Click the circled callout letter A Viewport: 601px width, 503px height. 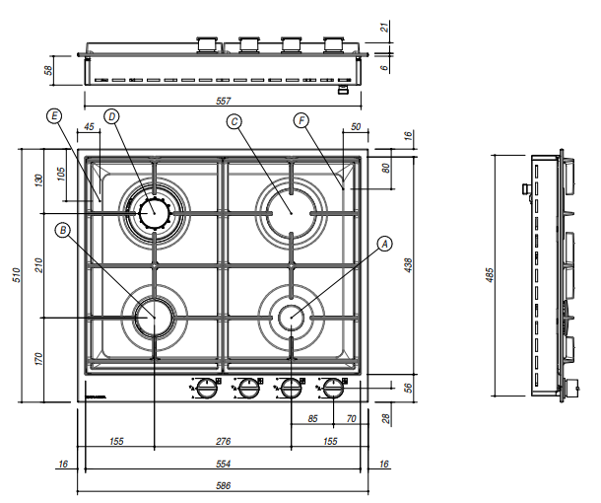pyautogui.click(x=385, y=242)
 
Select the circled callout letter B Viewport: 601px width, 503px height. pyautogui.click(x=64, y=230)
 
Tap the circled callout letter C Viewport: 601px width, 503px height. pyautogui.click(x=234, y=121)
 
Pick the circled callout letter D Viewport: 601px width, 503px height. pyautogui.click(x=112, y=116)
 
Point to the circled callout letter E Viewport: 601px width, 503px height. pyautogui.click(x=54, y=116)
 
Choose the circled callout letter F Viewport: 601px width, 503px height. pyautogui.click(x=301, y=120)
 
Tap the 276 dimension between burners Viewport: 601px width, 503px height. pyautogui.click(x=224, y=441)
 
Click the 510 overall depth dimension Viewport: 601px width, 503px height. pyautogui.click(x=16, y=274)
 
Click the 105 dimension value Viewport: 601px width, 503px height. pyautogui.click(x=61, y=175)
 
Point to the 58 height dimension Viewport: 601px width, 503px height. pyautogui.click(x=48, y=70)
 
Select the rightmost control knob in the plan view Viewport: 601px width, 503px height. pyautogui.click(x=336, y=388)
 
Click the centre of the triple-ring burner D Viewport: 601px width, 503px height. pyautogui.click(x=154, y=211)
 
